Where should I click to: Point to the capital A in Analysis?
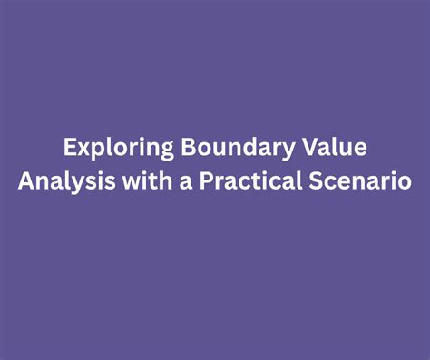click(25, 180)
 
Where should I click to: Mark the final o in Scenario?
click(404, 182)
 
